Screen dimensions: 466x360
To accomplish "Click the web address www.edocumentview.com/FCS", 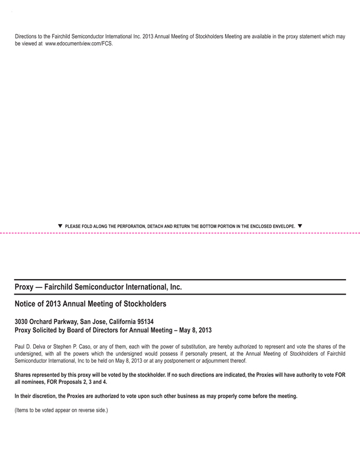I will point(79,43).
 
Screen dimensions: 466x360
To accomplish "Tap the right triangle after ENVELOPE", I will point(300,226).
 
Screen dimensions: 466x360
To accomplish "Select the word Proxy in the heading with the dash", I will point(24,287).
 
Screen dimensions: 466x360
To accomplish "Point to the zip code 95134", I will point(143,321).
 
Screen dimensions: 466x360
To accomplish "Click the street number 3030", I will point(23,321).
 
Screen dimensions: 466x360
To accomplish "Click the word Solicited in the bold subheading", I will point(50,330).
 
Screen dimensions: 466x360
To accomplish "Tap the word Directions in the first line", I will point(27,37).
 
